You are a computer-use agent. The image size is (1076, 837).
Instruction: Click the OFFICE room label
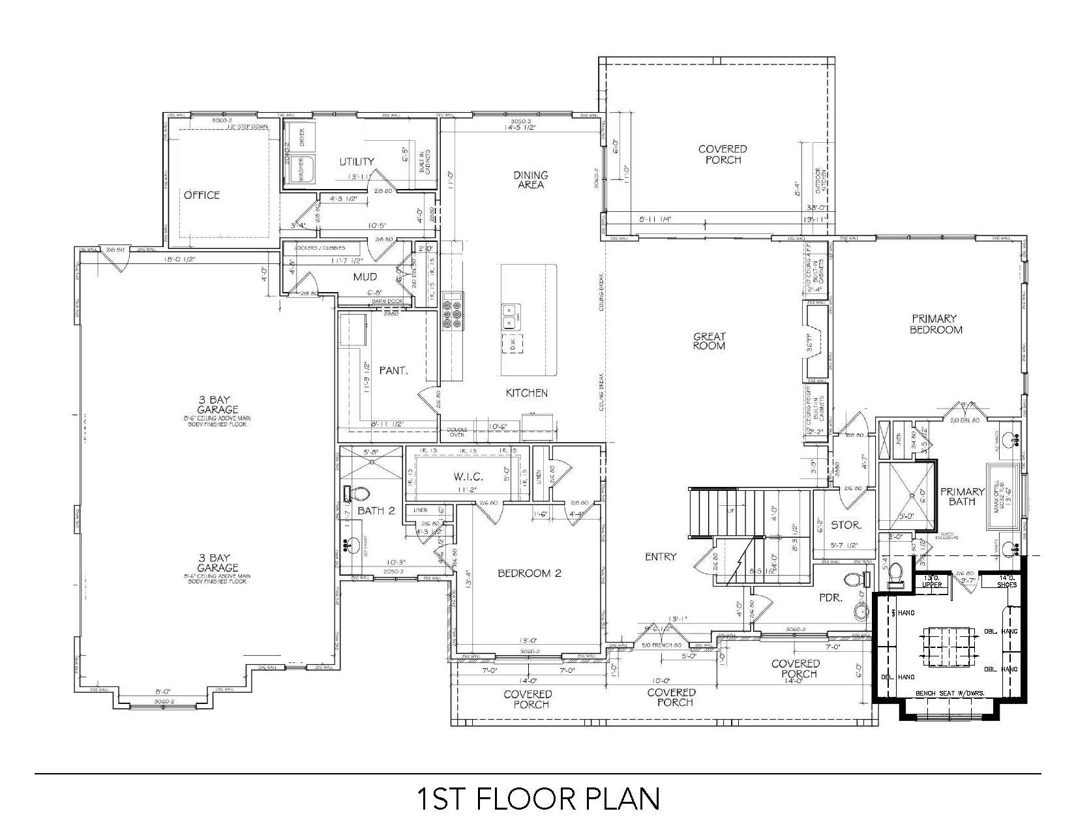point(202,195)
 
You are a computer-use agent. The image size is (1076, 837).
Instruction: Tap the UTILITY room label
point(357,162)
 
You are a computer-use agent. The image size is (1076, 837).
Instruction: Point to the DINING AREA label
point(531,180)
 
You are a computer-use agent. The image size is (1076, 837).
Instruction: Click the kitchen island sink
point(510,318)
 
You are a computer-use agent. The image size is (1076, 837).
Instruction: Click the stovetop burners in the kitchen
point(452,310)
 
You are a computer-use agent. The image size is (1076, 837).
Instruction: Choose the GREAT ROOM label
point(709,341)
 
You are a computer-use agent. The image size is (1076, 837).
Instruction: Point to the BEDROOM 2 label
point(529,574)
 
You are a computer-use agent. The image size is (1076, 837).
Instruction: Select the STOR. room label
point(846,524)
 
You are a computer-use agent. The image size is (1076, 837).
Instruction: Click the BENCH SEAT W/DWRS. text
point(949,693)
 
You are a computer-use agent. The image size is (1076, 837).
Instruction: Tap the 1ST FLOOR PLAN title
point(538,799)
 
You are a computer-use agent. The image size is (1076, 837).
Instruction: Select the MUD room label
point(365,277)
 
